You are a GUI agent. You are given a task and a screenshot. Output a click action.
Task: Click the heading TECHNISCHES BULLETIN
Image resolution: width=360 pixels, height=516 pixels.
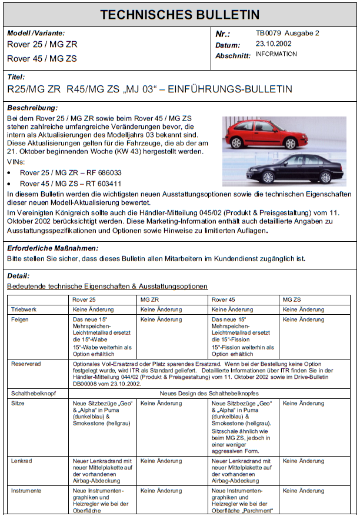click(x=179, y=15)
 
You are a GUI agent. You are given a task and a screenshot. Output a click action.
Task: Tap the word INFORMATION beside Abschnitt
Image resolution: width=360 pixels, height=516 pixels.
click(x=276, y=54)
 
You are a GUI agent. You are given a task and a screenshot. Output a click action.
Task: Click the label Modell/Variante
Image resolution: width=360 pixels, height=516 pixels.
click(x=36, y=34)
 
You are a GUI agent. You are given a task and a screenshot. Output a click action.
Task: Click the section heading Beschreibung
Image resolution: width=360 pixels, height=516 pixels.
click(x=32, y=108)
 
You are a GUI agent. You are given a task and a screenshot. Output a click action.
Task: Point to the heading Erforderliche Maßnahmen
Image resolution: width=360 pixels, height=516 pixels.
click(x=52, y=248)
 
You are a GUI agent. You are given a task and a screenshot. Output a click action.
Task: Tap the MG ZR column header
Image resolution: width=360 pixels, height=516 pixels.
click(x=150, y=299)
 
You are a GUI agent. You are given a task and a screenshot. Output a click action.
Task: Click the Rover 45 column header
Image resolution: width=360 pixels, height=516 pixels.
click(x=223, y=299)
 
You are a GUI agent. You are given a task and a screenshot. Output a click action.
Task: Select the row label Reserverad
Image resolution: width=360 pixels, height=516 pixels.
click(x=26, y=364)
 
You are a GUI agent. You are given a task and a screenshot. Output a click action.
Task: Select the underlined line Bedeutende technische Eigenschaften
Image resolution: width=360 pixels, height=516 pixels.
click(x=107, y=286)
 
